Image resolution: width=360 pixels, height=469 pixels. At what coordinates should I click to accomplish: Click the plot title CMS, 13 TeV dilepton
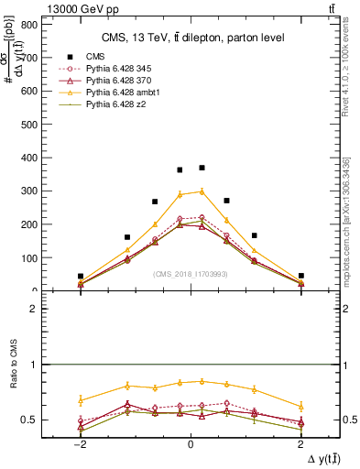click(192, 37)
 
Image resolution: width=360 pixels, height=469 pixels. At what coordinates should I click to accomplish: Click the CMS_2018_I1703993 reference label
click(190, 274)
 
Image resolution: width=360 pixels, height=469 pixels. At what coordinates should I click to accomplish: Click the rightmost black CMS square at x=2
click(300, 276)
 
